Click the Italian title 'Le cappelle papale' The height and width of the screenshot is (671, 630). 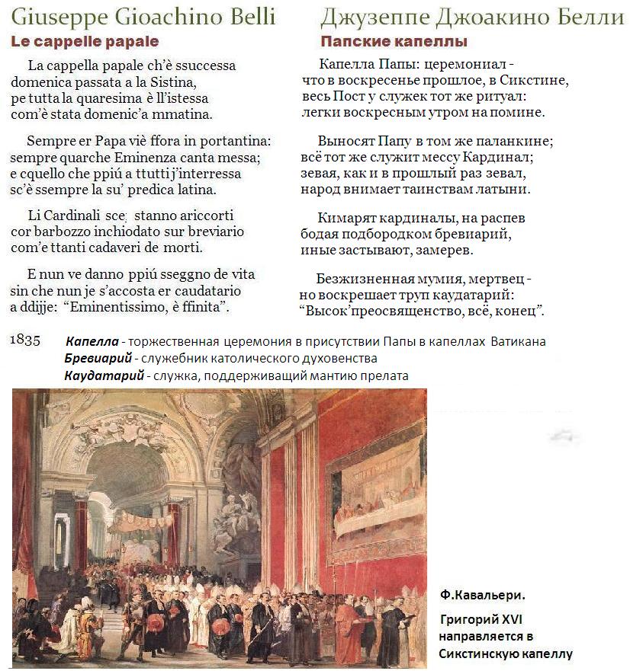click(85, 42)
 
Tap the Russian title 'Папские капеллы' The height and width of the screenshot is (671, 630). click(394, 42)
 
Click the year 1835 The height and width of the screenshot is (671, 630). click(25, 340)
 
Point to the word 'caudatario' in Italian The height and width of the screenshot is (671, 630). click(205, 291)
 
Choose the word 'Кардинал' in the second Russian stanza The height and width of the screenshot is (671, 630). click(503, 158)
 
